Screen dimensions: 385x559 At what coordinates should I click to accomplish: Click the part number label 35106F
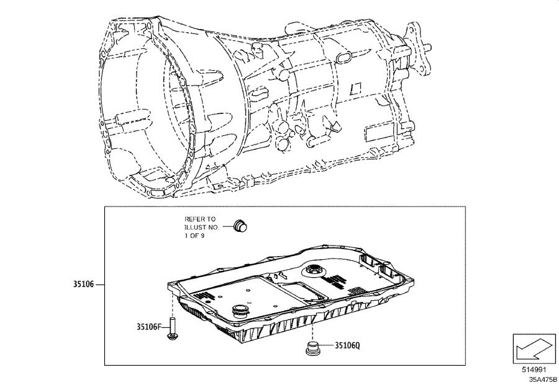[148, 327]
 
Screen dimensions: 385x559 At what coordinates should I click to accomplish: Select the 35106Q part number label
[348, 345]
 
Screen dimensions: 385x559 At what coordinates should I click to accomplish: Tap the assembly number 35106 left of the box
[83, 285]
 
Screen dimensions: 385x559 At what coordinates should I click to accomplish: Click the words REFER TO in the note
[200, 219]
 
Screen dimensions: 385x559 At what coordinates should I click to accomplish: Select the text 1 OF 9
[194, 236]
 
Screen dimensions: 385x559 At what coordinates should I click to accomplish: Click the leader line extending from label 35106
[100, 285]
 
